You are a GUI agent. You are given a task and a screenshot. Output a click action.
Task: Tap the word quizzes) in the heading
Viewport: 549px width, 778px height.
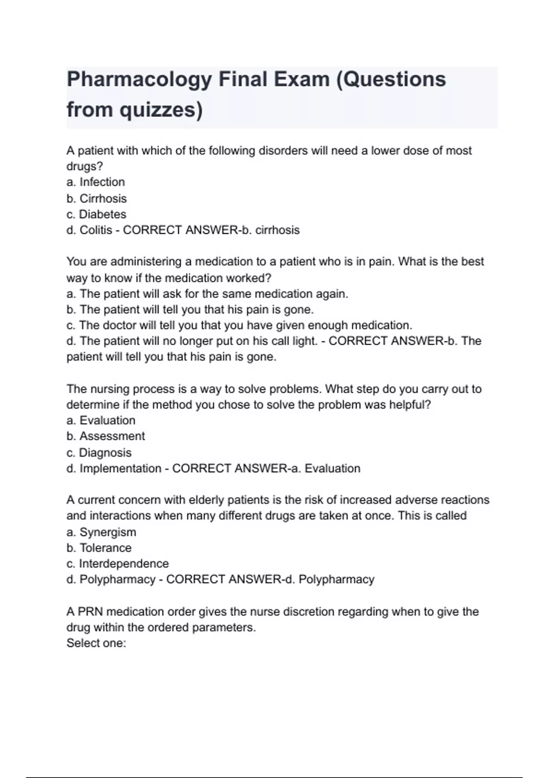coord(161,110)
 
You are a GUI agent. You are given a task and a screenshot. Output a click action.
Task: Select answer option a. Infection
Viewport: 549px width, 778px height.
coord(96,182)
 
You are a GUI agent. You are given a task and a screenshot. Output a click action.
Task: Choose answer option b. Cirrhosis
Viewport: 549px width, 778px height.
coord(97,199)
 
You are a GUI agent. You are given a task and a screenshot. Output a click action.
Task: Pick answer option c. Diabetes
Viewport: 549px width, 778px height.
coord(96,214)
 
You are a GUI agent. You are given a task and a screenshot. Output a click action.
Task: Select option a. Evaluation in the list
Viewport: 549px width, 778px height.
coord(101,420)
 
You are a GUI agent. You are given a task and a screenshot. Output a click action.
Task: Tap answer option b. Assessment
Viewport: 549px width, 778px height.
coord(106,436)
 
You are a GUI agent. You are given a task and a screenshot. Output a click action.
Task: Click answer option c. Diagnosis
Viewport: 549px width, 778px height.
coord(99,453)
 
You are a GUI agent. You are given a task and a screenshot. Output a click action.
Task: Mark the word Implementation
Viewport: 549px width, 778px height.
coord(120,468)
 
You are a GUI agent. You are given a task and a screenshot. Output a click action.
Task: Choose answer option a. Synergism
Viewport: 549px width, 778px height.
coord(101,532)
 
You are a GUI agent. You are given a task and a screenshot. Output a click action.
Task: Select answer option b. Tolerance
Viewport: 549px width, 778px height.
coord(99,548)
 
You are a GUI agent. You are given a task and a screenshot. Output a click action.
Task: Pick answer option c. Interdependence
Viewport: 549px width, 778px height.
coord(118,563)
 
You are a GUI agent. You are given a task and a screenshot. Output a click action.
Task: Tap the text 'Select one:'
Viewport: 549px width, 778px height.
coord(96,643)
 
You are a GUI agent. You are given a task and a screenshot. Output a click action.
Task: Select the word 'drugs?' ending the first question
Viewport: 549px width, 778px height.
coord(85,166)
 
